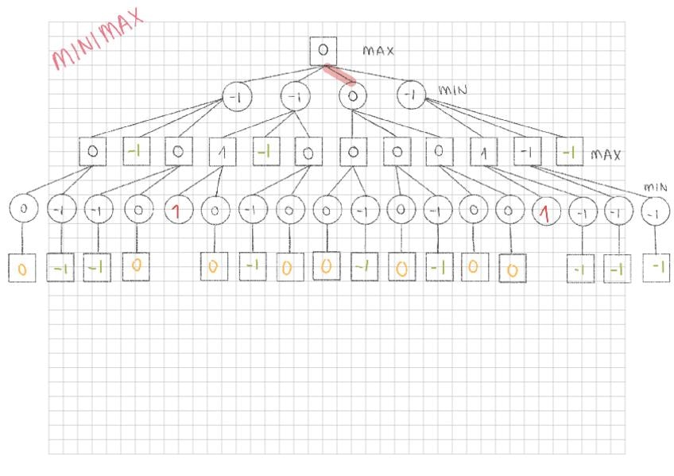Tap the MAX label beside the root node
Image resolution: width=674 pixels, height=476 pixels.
point(378,51)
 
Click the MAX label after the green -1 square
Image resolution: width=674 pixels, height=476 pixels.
point(606,154)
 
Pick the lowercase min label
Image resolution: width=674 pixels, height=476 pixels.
point(656,188)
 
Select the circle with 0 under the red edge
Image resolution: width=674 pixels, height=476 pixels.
point(353,96)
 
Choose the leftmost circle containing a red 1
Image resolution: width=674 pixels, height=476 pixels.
point(178,211)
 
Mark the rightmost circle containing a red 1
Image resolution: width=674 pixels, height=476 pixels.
point(544,212)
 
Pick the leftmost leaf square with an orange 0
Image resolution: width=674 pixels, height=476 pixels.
point(22,269)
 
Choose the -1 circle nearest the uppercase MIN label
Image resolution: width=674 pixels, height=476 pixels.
point(411,96)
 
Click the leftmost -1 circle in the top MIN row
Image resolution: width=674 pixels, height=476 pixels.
point(238,96)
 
